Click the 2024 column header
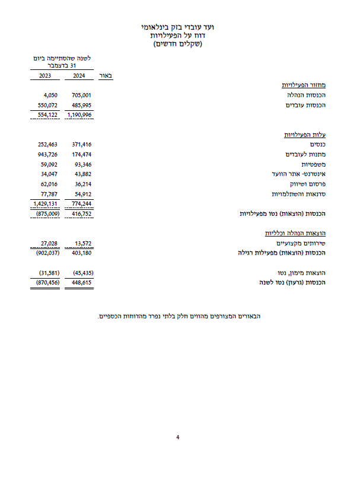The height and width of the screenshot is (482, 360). tap(79, 76)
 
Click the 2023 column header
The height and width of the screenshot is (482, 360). tap(45, 76)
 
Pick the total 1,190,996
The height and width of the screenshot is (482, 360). tap(80, 114)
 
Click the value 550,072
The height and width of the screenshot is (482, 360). tap(46, 104)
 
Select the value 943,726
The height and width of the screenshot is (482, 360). tap(46, 154)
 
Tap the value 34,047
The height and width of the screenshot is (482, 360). tap(47, 174)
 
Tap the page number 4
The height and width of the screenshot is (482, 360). tap(178, 438)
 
